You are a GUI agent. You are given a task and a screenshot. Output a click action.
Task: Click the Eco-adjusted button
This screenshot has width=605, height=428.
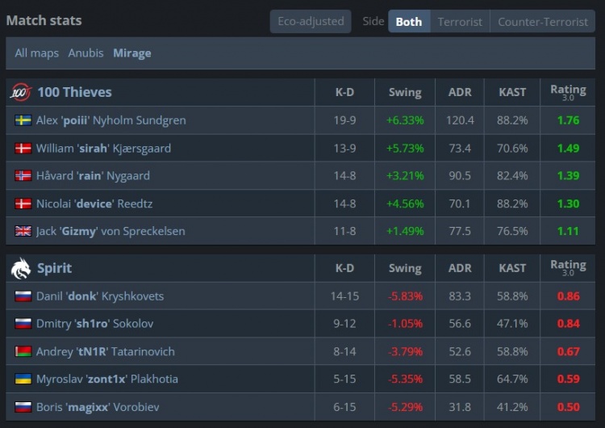pos(311,21)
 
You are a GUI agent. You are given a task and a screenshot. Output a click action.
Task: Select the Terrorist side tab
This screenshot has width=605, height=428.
pos(460,22)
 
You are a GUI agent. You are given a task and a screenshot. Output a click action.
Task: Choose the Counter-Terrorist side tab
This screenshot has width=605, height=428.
pos(543,22)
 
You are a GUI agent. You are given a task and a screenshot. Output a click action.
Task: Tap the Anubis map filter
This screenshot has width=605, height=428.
pos(86,53)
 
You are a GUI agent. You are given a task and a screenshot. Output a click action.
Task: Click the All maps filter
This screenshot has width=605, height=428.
pos(36,53)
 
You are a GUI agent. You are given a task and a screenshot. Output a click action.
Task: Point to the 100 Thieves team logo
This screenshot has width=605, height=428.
pos(21,92)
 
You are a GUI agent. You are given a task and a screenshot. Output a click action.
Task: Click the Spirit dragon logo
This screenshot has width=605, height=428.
pos(21,268)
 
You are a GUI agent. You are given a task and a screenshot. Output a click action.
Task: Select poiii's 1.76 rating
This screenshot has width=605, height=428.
pos(569,120)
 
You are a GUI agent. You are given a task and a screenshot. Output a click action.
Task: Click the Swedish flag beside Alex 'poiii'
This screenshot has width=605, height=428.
pos(23,120)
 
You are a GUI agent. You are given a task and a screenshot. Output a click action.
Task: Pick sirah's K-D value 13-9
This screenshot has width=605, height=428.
pos(344,148)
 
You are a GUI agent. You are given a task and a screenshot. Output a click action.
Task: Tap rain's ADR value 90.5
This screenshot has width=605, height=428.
pos(460,176)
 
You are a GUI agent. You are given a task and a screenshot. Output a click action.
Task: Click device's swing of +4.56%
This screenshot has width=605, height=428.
pos(405,204)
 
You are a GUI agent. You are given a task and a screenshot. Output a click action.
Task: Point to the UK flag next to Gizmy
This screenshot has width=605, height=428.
pos(23,231)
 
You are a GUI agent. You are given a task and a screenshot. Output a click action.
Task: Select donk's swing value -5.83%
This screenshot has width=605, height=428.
pos(405,296)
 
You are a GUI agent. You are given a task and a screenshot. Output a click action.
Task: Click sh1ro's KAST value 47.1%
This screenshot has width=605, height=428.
pos(512,324)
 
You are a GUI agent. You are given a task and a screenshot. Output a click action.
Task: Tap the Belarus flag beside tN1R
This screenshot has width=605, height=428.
pos(23,351)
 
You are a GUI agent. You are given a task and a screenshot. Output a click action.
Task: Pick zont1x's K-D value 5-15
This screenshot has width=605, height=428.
pos(344,379)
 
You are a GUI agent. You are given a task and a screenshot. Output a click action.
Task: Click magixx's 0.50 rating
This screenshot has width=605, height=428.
pos(569,407)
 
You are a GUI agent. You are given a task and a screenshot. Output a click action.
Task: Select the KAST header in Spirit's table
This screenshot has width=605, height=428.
pos(512,268)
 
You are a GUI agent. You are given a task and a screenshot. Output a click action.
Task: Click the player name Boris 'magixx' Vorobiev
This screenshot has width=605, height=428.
pos(98,407)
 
